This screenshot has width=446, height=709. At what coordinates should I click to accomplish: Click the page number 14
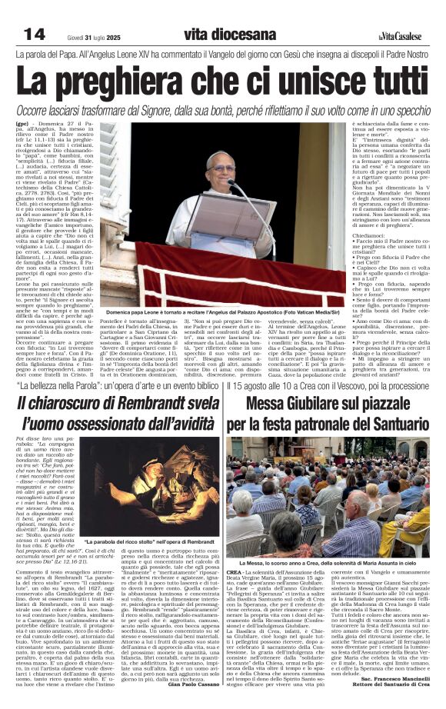35,33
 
